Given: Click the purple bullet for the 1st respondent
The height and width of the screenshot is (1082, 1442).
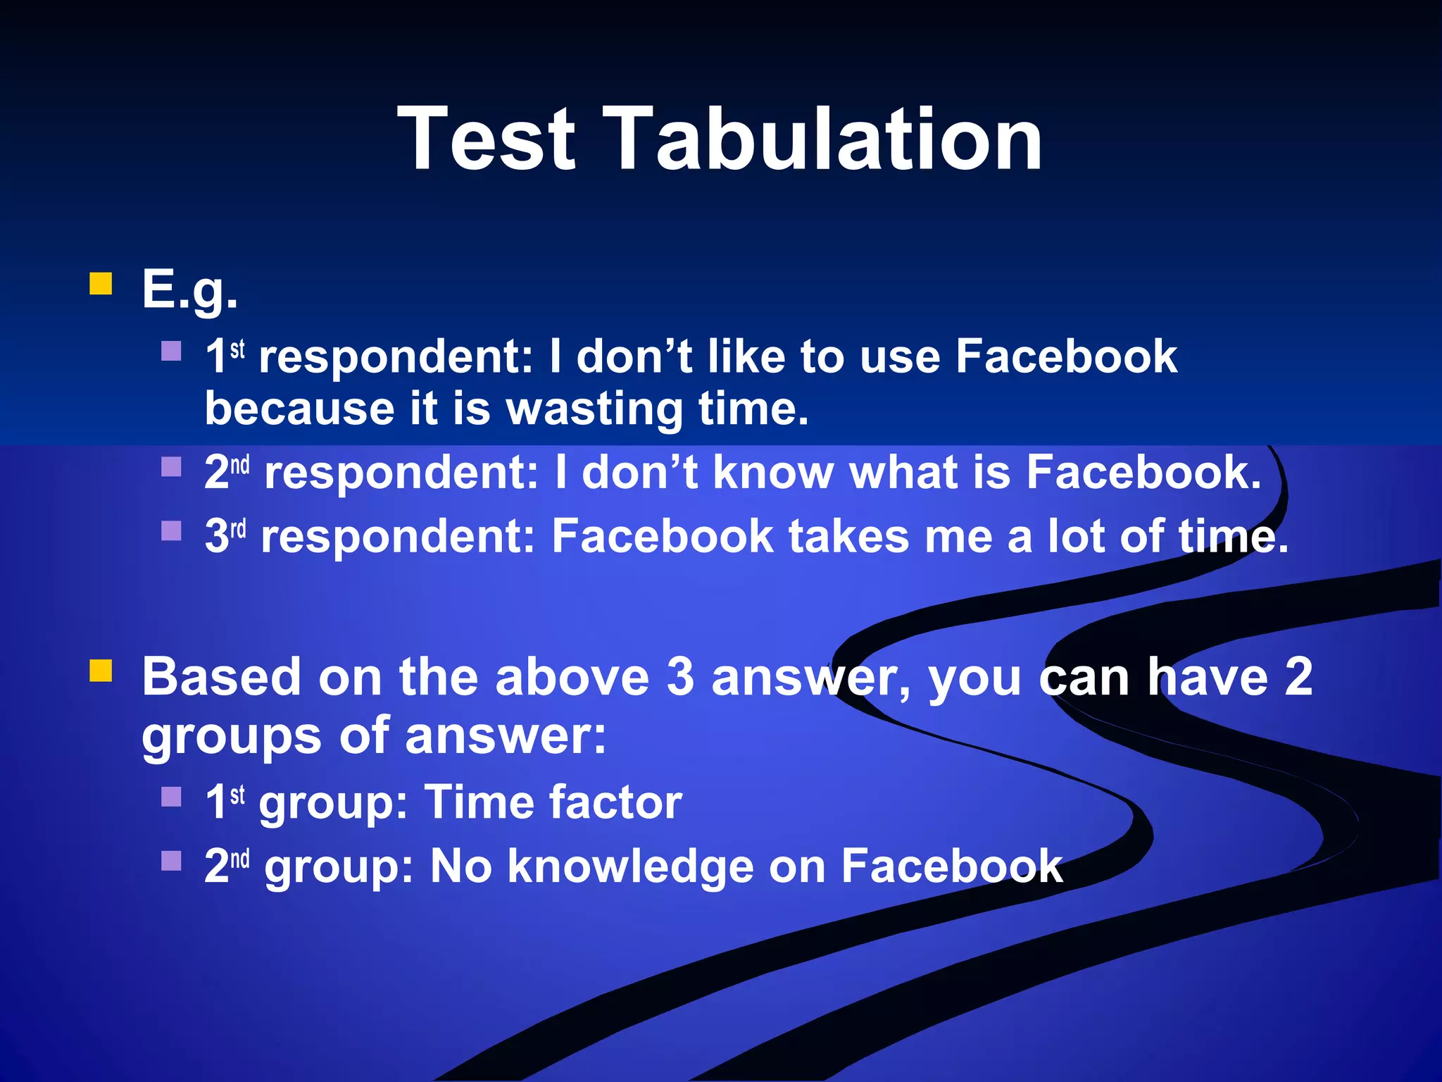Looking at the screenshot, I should pyautogui.click(x=171, y=351).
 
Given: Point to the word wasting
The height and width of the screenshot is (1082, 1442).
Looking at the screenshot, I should pyautogui.click(x=594, y=409).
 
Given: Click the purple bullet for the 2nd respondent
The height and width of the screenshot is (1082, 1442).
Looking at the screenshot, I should pyautogui.click(x=171, y=467).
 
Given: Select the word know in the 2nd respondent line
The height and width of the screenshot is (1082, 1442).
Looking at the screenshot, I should pyautogui.click(x=773, y=472).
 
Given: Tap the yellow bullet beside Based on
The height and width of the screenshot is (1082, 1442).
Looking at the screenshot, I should pyautogui.click(x=101, y=671).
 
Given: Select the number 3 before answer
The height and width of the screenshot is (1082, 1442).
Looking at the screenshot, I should pyautogui.click(x=680, y=677).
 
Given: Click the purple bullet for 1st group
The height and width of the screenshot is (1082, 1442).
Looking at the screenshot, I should pyautogui.click(x=171, y=797).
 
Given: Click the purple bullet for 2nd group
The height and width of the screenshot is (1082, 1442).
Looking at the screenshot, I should pyautogui.click(x=171, y=860).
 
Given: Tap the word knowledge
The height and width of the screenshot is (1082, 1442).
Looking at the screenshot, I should pyautogui.click(x=630, y=867).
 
